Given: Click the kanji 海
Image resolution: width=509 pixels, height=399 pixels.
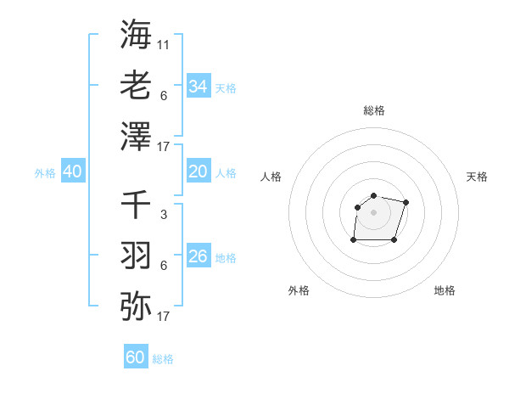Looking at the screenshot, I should pos(136,34).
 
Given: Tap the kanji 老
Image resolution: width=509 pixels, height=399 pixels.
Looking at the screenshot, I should pos(136,85).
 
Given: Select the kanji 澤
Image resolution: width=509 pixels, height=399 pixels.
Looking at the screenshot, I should pos(136,137).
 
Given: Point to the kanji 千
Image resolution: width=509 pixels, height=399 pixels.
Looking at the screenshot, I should pos(136,205).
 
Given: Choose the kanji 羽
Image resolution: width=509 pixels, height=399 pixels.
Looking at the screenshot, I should pos(136,256).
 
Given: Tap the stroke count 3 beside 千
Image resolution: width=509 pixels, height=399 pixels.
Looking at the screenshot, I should pos(164,215).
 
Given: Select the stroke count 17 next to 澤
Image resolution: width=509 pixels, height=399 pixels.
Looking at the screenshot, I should pos(164,147).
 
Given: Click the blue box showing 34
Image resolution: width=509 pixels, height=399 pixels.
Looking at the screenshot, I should pos(198,86).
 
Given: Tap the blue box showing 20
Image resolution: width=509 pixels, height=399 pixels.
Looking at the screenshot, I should pos(198,171).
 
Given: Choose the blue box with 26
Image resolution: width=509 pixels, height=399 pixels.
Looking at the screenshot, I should pos(198,256).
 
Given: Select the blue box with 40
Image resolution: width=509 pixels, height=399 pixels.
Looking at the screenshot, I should pos(72,171).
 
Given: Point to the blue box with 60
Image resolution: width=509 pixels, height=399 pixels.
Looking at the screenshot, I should pos(136,357).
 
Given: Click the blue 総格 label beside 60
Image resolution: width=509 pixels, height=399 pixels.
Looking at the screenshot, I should pos(163,359).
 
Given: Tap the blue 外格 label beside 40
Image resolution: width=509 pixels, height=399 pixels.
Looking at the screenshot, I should pos(45,173).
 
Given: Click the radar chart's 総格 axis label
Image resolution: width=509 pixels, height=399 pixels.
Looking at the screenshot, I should pos(373,110).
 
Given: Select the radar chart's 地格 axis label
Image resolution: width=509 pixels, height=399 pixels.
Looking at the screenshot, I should pos(445,290).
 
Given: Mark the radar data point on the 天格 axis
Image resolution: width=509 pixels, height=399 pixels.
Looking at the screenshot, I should pos(406,202).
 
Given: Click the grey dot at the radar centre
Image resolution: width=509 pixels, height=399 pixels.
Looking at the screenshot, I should pos(373,212).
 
